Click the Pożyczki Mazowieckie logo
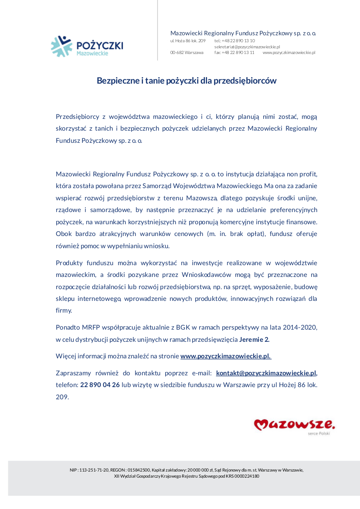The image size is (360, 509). click(87, 46)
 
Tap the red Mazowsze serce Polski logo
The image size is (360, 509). click(294, 425)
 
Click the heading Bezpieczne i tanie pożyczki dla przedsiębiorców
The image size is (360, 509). click(187, 81)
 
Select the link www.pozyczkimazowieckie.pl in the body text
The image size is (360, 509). click(226, 356)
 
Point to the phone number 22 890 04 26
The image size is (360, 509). click(100, 385)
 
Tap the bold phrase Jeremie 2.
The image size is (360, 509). click(255, 339)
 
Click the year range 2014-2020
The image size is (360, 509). click(296, 327)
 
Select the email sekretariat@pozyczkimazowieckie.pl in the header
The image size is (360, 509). click(247, 47)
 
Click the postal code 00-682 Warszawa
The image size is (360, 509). click(187, 52)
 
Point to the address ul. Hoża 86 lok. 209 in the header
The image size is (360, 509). click(187, 40)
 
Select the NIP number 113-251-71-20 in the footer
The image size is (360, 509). click(94, 470)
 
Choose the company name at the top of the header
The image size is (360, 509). click(243, 33)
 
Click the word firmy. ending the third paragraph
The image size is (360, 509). click(64, 310)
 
